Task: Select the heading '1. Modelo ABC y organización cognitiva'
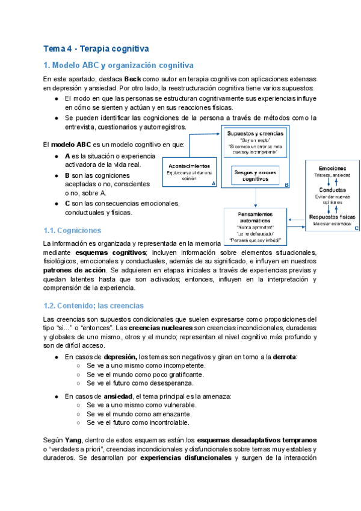point(119,65)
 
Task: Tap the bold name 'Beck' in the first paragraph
point(133,80)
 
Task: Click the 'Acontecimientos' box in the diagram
point(189,166)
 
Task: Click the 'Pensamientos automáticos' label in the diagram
point(256,218)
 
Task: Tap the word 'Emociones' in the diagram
point(332,168)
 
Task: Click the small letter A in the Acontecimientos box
point(214,185)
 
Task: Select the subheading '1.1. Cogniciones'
point(72,230)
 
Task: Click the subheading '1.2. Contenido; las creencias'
point(94,306)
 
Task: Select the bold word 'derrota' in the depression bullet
point(284,357)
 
